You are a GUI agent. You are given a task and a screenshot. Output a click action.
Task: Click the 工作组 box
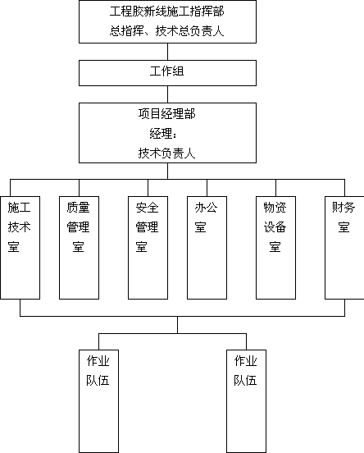coord(167,73)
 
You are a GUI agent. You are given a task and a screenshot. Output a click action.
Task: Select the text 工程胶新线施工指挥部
coord(167,11)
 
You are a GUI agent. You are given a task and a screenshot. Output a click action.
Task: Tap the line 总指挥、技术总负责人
coord(167,31)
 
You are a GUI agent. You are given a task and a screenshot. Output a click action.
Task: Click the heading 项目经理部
coord(167,113)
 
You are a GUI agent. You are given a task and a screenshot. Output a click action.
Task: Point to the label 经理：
coord(163,134)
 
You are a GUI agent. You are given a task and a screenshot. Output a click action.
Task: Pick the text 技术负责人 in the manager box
coord(167,153)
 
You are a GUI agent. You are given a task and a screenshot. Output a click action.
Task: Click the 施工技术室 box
coord(20,248)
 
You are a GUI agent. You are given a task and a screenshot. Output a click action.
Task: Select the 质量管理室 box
coord(79,248)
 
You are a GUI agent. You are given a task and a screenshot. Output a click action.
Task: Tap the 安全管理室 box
coord(148,248)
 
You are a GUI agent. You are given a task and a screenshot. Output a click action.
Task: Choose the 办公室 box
coord(207,248)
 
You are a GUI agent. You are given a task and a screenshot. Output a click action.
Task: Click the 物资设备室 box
coord(275,248)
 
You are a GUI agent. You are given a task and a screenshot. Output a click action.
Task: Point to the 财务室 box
coord(344,248)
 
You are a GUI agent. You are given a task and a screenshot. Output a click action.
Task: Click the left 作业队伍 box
coord(98,401)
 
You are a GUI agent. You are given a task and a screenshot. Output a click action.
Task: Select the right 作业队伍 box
coord(246,401)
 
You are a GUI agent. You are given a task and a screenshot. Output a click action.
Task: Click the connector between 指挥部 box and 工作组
coord(168,52)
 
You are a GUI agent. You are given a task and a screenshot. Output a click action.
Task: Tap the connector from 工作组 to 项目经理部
coord(168,94)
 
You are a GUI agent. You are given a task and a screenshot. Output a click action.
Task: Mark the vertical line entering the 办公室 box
coord(207,188)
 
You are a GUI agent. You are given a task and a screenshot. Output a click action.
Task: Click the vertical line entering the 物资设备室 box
coord(275,188)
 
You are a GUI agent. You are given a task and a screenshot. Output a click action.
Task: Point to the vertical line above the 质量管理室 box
coord(79,188)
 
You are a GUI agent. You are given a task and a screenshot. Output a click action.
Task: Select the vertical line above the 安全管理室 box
coord(148,188)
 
